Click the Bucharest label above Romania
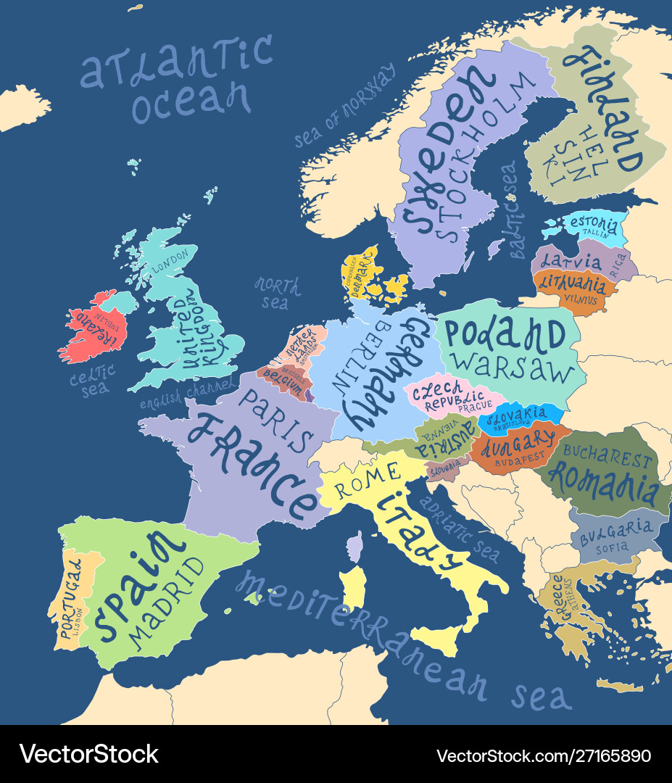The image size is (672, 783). coord(607,457)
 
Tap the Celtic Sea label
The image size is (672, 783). coord(93,380)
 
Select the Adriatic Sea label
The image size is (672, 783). coord(461,529)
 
